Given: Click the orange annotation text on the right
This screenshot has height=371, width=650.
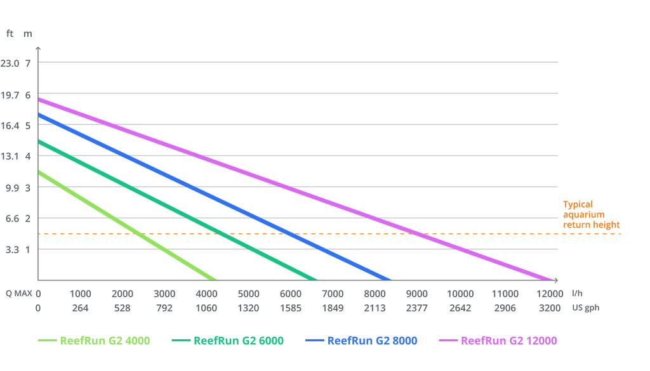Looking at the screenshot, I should pyautogui.click(x=590, y=214).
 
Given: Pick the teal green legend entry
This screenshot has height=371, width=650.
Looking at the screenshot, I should pyautogui.click(x=229, y=340).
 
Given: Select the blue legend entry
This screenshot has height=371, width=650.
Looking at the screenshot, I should pyautogui.click(x=362, y=340).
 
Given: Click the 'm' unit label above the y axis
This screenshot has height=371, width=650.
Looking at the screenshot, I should pyautogui.click(x=28, y=34).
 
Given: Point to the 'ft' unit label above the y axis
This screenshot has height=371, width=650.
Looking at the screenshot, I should pyautogui.click(x=9, y=34).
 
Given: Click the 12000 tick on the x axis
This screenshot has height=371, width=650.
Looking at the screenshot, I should pyautogui.click(x=550, y=294).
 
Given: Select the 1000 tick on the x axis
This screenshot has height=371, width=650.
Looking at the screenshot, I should pyautogui.click(x=80, y=294).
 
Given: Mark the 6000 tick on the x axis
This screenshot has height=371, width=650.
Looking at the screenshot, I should pyautogui.click(x=291, y=294).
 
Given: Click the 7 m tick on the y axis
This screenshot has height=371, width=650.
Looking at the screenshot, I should pyautogui.click(x=27, y=63).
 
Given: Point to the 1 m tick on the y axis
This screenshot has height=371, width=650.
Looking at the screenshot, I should pyautogui.click(x=27, y=249).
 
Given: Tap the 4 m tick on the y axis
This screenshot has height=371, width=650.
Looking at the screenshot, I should pyautogui.click(x=27, y=156).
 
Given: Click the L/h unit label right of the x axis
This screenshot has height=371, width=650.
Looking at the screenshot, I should pyautogui.click(x=576, y=294).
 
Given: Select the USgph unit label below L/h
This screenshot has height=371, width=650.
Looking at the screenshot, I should pyautogui.click(x=585, y=308).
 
